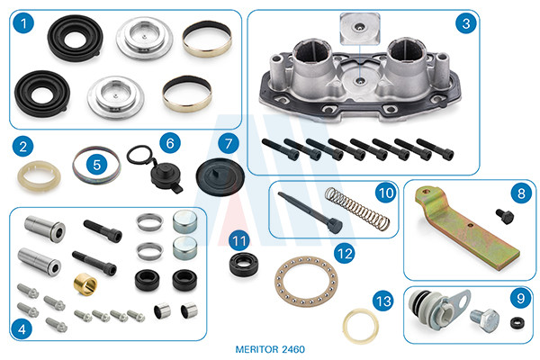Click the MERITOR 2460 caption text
(270, 349)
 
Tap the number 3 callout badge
(466, 23)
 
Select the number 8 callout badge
(521, 193)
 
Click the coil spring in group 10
(357, 209)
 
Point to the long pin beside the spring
(310, 212)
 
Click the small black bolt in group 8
(505, 216)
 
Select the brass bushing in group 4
(85, 283)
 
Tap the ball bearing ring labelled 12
(306, 282)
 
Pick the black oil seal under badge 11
(244, 265)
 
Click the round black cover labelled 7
(220, 177)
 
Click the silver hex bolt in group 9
(485, 320)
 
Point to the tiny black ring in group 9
(517, 323)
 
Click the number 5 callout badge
(97, 165)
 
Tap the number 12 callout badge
(345, 254)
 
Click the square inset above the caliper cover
(360, 29)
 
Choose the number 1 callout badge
(23, 23)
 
